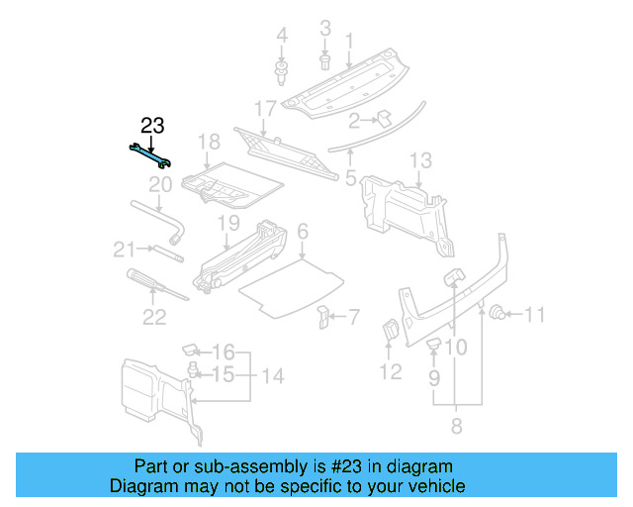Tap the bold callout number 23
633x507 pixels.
(x=152, y=126)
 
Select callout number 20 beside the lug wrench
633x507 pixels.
(x=160, y=184)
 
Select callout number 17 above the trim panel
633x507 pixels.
(x=265, y=107)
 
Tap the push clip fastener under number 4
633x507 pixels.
(x=281, y=71)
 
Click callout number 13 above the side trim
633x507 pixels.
(x=420, y=159)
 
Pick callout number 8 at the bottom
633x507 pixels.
(x=456, y=427)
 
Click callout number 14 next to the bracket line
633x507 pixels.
(x=272, y=376)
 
